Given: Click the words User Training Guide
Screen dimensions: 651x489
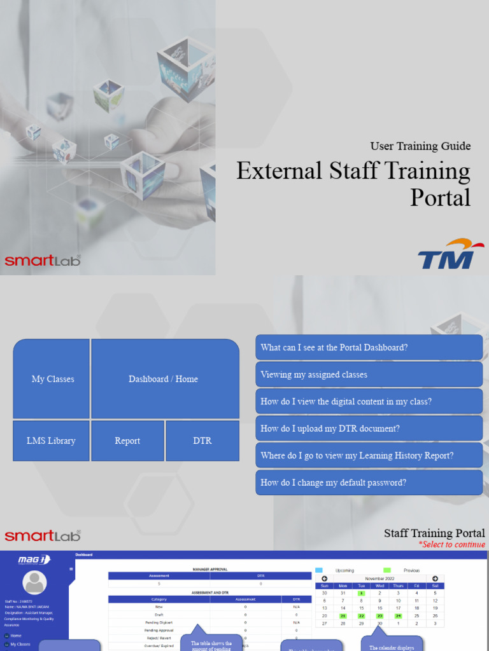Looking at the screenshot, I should point(420,146).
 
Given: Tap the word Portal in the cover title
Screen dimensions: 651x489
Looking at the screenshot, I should point(440,197).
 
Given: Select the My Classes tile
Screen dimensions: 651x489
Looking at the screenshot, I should point(52,379).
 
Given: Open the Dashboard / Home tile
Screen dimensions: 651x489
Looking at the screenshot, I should point(164,379).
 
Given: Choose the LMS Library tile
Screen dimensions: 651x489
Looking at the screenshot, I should point(51,441).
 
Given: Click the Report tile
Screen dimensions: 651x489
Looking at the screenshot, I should point(127,441).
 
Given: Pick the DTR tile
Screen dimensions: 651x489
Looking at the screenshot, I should point(202,441).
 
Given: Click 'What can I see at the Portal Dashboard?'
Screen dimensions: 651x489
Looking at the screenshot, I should point(369,348).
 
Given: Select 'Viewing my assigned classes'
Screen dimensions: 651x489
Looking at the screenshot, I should point(369,374).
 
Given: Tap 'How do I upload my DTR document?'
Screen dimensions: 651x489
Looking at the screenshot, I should point(369,428).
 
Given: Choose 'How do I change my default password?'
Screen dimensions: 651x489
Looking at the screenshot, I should point(369,483).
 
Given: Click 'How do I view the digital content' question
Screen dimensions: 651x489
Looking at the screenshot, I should point(369,402).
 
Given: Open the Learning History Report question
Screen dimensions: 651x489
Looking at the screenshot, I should point(369,456).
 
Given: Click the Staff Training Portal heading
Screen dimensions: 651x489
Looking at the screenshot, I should point(434,533).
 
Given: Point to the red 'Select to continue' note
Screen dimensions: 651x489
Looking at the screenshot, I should point(451,544).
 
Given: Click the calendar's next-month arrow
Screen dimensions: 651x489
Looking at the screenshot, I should point(435,579).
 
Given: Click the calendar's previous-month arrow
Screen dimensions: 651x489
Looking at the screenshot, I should point(324,579).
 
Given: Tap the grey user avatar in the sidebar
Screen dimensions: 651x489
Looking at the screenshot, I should point(34,582).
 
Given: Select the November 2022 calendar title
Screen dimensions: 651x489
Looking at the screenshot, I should point(379,579).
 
